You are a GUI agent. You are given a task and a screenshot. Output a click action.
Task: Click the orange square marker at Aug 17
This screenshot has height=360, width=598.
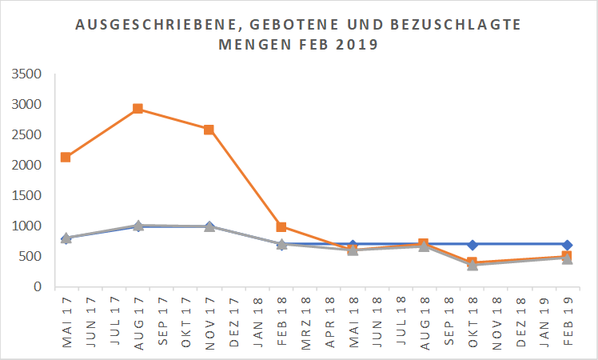tap(138, 109)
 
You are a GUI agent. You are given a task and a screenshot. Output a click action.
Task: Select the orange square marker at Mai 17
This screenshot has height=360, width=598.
tap(66, 158)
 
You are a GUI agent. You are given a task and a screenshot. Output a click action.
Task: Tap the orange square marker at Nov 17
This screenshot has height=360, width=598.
tap(209, 130)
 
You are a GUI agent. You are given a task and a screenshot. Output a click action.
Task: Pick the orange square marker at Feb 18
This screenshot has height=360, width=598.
tap(281, 227)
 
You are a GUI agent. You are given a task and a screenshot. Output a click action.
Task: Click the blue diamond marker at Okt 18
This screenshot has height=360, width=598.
tap(472, 245)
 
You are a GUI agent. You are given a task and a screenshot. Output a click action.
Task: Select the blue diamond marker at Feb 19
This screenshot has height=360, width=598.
tap(567, 245)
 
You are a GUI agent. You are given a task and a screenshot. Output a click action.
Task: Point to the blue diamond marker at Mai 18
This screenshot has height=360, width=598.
tap(353, 245)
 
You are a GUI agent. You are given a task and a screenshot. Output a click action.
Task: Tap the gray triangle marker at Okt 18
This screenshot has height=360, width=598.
tap(472, 265)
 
